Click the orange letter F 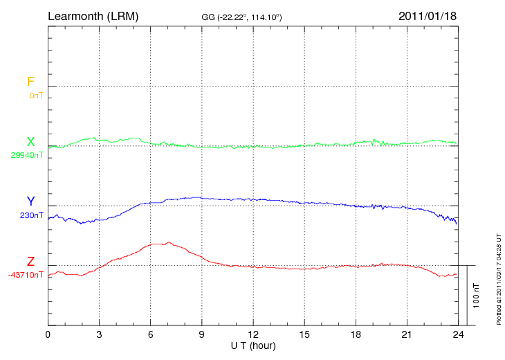pos(30,82)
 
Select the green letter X pos(30,142)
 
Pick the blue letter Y pos(30,201)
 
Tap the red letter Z pos(30,262)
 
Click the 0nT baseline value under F pos(36,96)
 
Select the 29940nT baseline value pos(27,155)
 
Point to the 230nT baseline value pos(32,215)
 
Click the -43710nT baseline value pos(26,275)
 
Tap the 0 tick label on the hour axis pos(48,334)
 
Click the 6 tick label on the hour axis pos(151,334)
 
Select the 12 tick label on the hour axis pos(253,334)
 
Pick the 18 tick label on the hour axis pos(356,334)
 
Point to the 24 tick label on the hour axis pos(458,334)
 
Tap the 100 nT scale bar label pos(477,296)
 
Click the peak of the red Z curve pos(168,242)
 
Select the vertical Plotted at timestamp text pos(499,277)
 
